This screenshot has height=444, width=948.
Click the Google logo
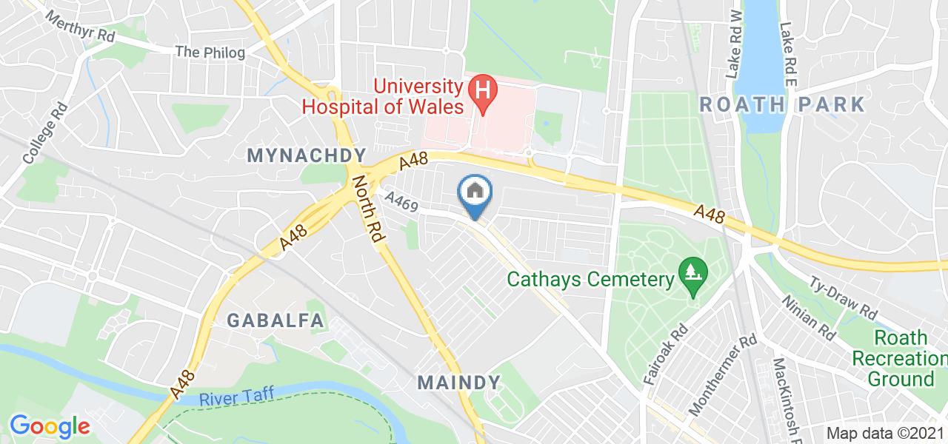tap(50, 426)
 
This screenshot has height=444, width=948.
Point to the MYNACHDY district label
tap(307, 155)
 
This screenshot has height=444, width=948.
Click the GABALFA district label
tap(276, 320)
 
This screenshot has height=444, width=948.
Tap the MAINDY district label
tap(459, 383)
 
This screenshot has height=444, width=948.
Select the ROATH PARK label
tap(782, 104)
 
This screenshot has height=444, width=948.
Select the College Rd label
tap(45, 132)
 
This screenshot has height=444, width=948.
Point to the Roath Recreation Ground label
tap(900, 359)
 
